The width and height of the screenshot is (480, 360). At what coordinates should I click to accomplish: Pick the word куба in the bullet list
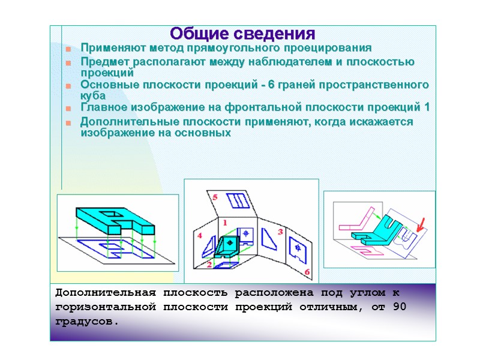coord(93,95)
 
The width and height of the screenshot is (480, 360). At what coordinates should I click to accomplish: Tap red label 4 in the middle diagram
coord(200,235)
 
